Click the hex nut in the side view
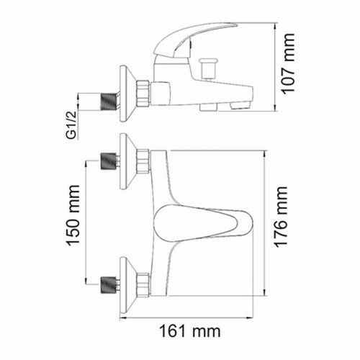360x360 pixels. point(145,90)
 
